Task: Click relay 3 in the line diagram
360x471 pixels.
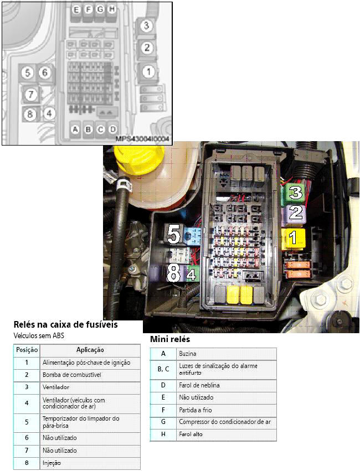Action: pyautogui.click(x=146, y=25)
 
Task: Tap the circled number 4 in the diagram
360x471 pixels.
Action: pyautogui.click(x=50, y=113)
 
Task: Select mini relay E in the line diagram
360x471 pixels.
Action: pyautogui.click(x=76, y=10)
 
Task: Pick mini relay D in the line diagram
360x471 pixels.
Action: pyautogui.click(x=113, y=130)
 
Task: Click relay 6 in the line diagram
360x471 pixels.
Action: pyautogui.click(x=45, y=73)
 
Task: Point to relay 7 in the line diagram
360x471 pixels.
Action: pyautogui.click(x=31, y=95)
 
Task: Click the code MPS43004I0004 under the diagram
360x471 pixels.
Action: pyautogui.click(x=143, y=139)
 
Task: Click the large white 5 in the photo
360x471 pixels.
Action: pyautogui.click(x=174, y=235)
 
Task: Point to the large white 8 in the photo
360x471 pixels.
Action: pyautogui.click(x=174, y=273)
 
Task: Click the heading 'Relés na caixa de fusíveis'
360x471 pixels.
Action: pyautogui.click(x=65, y=325)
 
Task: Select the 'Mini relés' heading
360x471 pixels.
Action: pyautogui.click(x=169, y=339)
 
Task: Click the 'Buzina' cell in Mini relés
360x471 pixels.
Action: pyautogui.click(x=188, y=353)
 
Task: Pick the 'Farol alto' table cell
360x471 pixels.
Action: pyautogui.click(x=191, y=434)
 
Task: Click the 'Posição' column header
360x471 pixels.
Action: pyautogui.click(x=27, y=350)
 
